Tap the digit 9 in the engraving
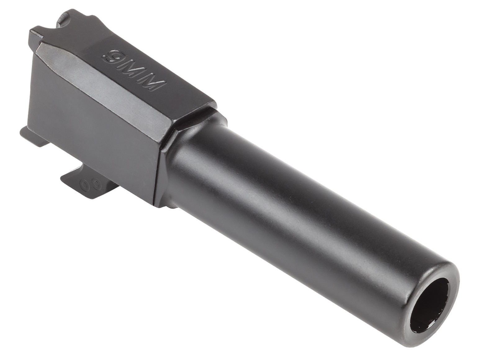coord(111,57)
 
